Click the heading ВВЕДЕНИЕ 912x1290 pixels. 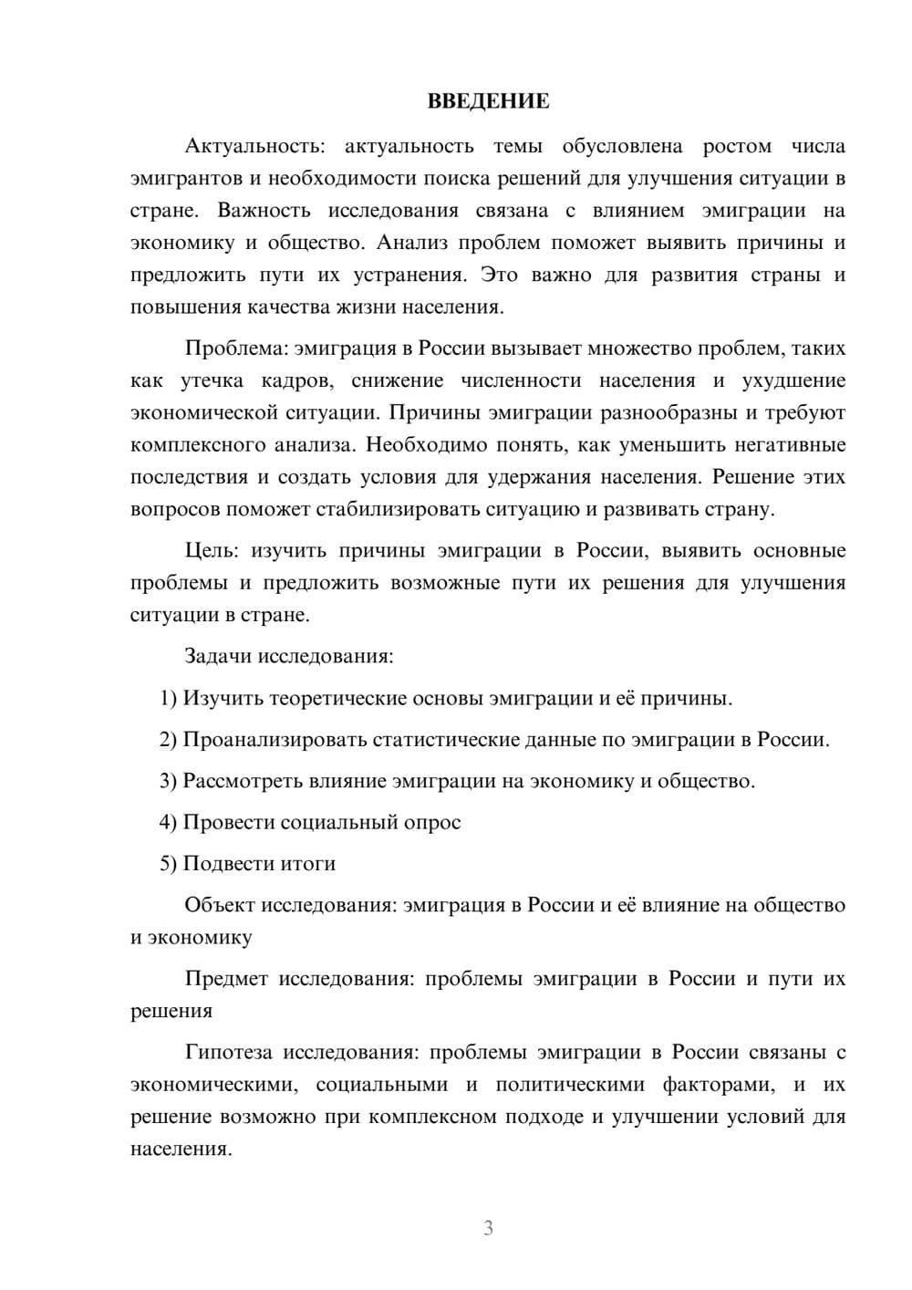[x=488, y=101]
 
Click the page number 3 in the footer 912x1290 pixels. [x=488, y=1228]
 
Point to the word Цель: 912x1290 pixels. [x=212, y=551]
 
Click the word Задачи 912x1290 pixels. [x=220, y=657]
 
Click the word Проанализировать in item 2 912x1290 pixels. [x=275, y=740]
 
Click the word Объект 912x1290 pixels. [x=220, y=906]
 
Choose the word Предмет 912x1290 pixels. [x=226, y=979]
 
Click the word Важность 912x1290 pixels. [x=264, y=211]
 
